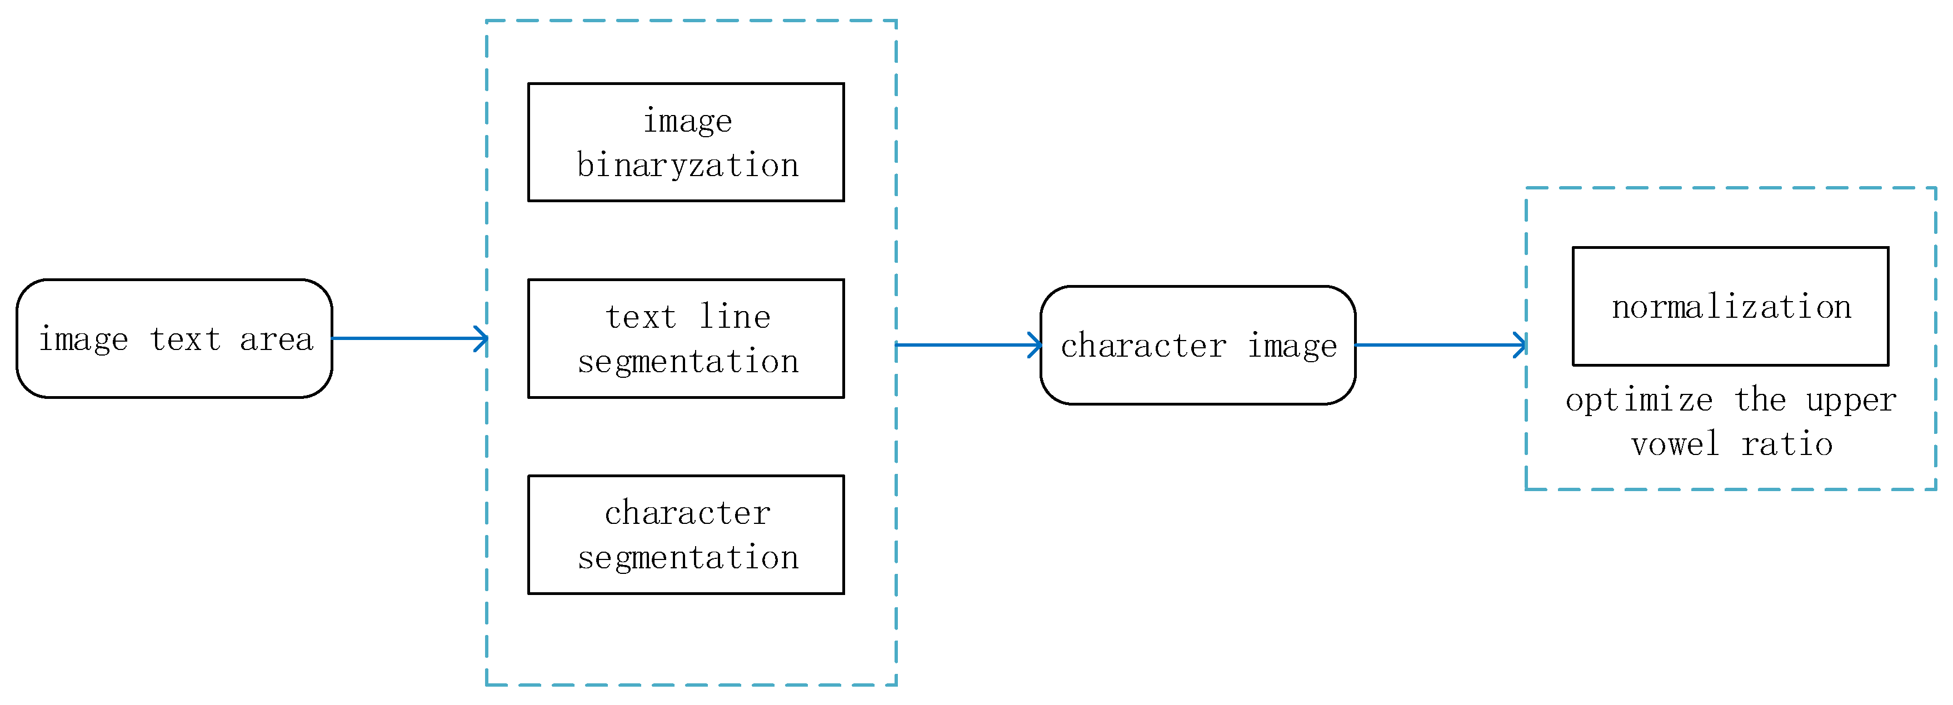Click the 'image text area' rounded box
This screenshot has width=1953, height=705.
[x=174, y=339]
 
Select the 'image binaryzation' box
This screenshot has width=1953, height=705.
[x=686, y=143]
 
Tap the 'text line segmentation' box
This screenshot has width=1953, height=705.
[x=686, y=339]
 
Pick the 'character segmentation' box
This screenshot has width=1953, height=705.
[x=686, y=535]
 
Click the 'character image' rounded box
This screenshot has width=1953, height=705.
[x=1198, y=346]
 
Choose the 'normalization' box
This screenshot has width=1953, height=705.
[x=1730, y=306]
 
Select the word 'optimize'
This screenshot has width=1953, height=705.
[x=1639, y=400]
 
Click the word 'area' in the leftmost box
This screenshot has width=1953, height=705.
[x=276, y=339]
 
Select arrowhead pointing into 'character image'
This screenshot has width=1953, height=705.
[x=1036, y=346]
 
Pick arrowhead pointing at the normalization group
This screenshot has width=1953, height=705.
[x=1521, y=346]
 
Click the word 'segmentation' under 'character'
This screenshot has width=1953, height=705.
[x=688, y=558]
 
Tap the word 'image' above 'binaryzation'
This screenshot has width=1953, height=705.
[x=688, y=121]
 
